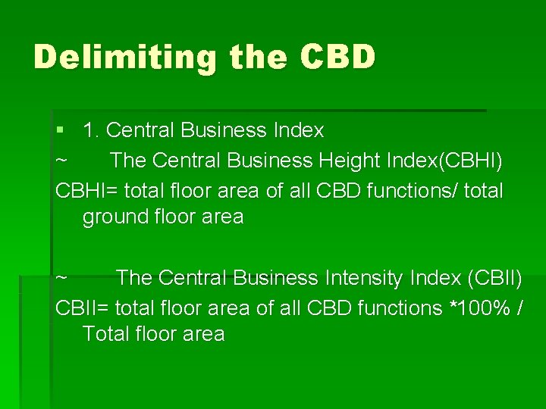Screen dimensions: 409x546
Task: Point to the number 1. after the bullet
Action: tap(92, 131)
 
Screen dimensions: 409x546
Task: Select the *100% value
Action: tap(478, 308)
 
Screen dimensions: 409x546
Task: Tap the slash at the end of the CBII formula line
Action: tap(519, 308)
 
